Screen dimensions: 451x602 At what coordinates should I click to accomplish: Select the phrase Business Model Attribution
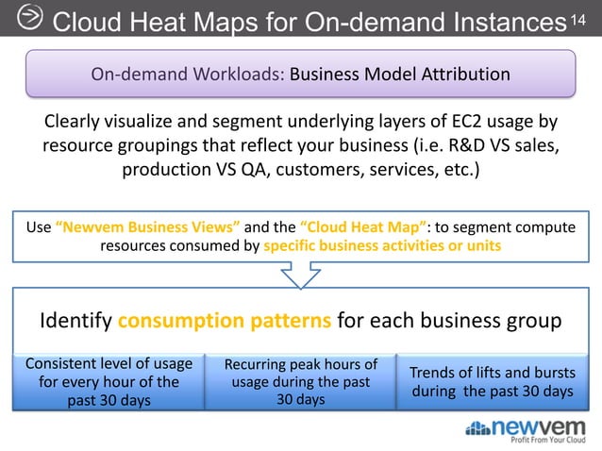400,75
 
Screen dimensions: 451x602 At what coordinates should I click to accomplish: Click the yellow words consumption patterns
225,321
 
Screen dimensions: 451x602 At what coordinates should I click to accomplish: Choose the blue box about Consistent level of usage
109,381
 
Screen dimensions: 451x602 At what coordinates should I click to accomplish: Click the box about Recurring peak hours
300,381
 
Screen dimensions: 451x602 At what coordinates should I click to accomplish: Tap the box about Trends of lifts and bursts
492,381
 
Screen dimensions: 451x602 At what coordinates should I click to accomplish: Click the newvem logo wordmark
541,426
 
